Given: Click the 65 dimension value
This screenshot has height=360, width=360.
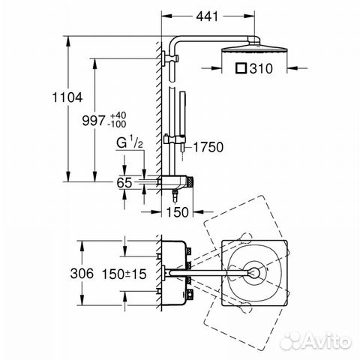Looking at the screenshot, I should click(124, 181).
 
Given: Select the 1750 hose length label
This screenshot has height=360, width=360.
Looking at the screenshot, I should click(211, 148).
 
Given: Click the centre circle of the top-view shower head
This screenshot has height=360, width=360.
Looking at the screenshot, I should click(256, 273).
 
